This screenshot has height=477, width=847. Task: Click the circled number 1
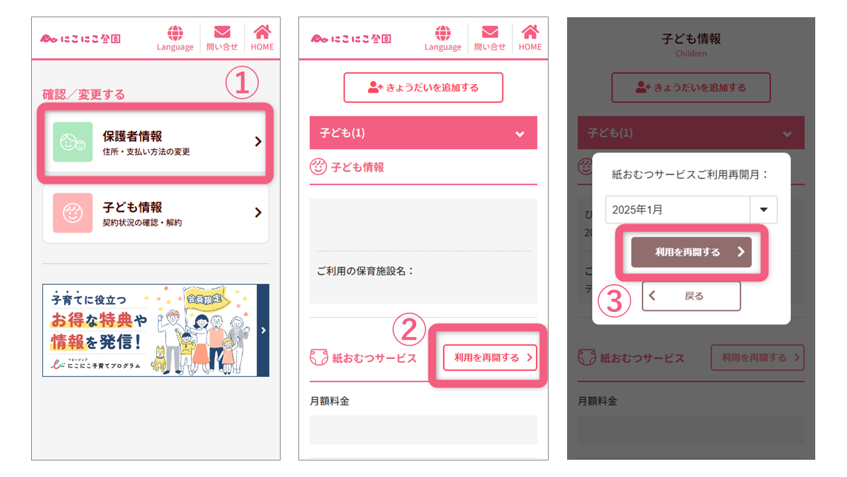[x=242, y=84]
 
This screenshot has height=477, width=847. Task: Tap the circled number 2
[x=410, y=329]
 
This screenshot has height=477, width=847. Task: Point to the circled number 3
[x=615, y=301]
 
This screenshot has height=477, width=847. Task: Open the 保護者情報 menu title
[x=132, y=136]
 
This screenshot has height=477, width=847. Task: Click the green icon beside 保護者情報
[x=73, y=142]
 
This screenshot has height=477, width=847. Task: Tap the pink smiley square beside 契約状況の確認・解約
[x=73, y=213]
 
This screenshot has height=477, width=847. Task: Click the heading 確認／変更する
[x=84, y=95]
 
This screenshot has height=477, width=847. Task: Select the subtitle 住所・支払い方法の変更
[x=146, y=152]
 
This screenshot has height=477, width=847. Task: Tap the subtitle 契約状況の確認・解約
[x=142, y=223]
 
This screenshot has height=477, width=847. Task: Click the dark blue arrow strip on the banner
[x=263, y=331]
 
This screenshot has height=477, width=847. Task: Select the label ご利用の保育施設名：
[x=365, y=271]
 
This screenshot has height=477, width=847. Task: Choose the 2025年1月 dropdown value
[x=676, y=209]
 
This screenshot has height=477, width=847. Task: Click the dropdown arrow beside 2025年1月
[x=764, y=209]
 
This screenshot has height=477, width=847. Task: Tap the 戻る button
[x=691, y=296]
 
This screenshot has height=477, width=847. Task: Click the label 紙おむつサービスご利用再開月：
[x=691, y=174]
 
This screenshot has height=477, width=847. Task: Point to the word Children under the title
[x=691, y=54]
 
